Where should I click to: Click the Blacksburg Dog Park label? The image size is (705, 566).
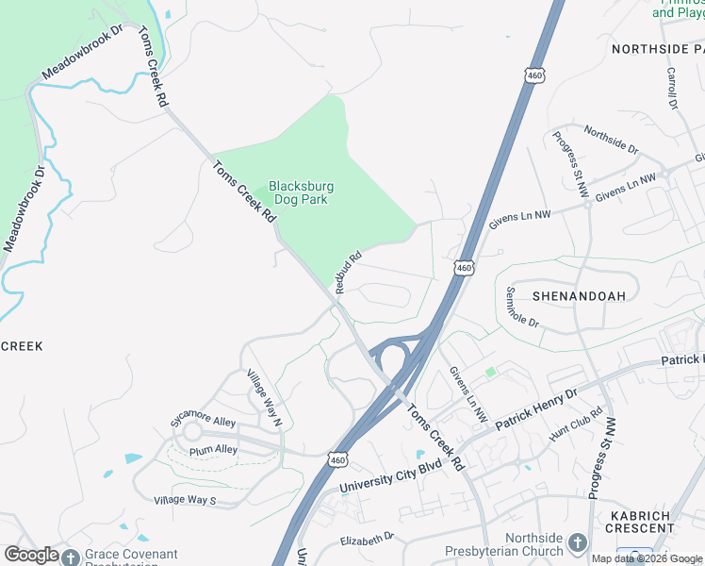coord(302,192)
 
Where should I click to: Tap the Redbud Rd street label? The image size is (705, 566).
coord(347,270)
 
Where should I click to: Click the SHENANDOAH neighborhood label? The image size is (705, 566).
coord(579,295)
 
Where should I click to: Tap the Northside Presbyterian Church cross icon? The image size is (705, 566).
coord(578,543)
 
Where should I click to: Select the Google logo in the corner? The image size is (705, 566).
coord(31,555)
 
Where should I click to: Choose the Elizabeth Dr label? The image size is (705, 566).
coord(369,540)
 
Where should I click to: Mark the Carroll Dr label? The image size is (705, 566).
coord(673,88)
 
